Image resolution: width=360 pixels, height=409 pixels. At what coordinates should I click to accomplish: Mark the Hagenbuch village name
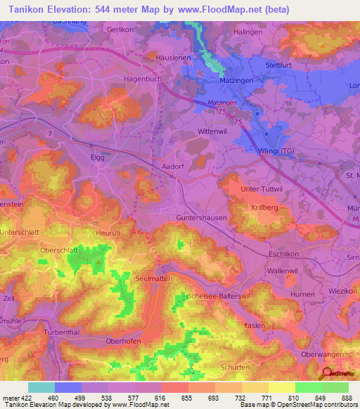click(x=143, y=79)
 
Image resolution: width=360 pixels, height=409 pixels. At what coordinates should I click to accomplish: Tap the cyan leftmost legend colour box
click(x=41, y=387)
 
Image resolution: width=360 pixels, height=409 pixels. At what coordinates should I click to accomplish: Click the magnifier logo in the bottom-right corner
click(x=328, y=375)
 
